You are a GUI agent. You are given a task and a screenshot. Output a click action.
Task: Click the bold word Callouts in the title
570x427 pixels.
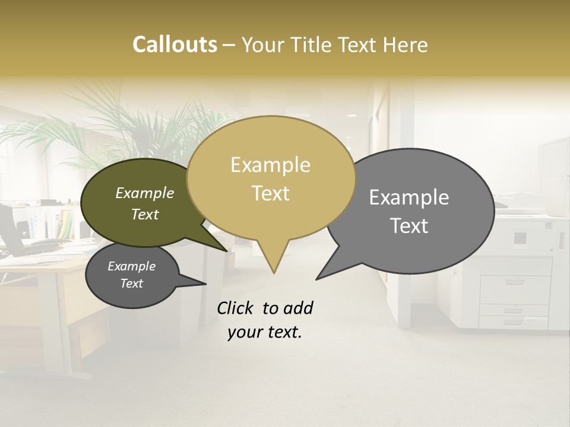[x=175, y=44]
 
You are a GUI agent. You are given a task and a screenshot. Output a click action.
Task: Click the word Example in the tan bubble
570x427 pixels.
[x=270, y=165]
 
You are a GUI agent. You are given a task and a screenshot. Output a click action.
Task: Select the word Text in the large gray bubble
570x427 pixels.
[x=410, y=226]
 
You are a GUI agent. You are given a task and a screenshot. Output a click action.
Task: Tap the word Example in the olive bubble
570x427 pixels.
[x=144, y=193]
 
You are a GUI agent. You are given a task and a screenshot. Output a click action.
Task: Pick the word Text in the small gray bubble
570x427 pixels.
[x=132, y=283]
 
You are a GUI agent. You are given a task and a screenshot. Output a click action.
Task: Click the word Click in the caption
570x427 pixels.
[x=236, y=308]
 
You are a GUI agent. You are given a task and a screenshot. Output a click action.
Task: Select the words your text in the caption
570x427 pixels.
[x=265, y=333]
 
